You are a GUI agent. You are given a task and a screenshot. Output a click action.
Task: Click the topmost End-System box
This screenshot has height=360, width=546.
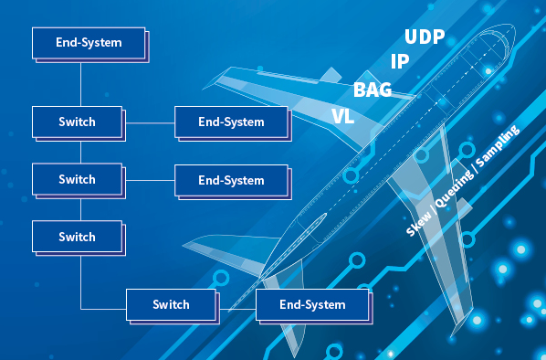point(89,42)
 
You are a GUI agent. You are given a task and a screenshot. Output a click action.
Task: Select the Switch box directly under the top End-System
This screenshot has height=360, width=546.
point(77,121)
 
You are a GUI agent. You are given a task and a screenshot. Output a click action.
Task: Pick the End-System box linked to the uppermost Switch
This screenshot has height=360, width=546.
point(231,122)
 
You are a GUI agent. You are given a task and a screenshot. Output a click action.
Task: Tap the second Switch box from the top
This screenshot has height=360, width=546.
point(77,179)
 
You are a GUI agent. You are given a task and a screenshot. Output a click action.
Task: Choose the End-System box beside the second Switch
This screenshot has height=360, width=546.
point(231,180)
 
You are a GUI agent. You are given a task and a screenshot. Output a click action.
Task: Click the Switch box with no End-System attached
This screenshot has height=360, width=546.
point(77,237)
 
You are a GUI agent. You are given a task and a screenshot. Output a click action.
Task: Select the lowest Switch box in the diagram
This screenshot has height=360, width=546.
point(171,304)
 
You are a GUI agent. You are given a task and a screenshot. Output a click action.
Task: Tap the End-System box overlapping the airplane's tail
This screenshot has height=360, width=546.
point(312,304)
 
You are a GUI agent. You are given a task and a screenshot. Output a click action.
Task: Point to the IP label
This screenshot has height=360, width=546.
point(399,61)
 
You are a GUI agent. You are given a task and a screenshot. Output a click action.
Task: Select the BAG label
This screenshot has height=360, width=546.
point(373,90)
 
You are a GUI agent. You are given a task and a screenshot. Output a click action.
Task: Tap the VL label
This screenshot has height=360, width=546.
point(343,116)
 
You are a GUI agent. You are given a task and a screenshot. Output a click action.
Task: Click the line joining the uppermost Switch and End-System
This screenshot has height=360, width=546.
point(149,121)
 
